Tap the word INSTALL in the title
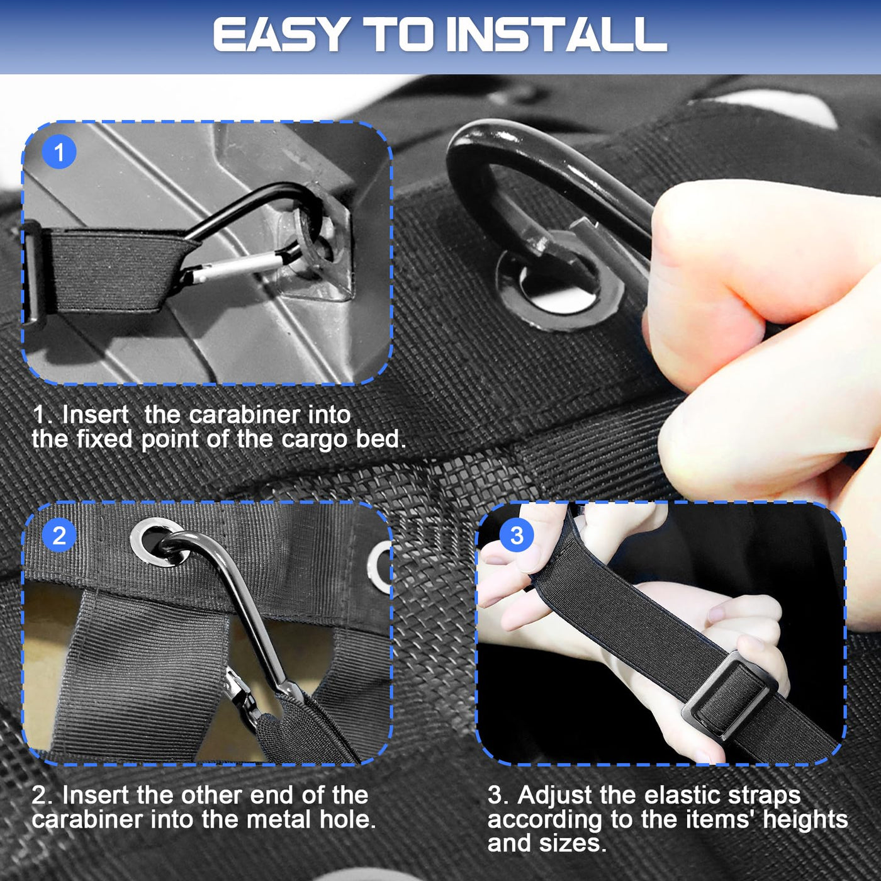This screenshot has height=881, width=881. coord(556,35)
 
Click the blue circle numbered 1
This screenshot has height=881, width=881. coord(59,152)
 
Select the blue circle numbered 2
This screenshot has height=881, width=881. coord(59,536)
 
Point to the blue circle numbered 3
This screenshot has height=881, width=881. coord(517,536)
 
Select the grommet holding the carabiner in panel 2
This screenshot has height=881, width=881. coord(160,542)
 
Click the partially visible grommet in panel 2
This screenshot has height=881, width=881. coord(379,567)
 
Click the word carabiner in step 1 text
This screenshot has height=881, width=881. coord(244,415)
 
